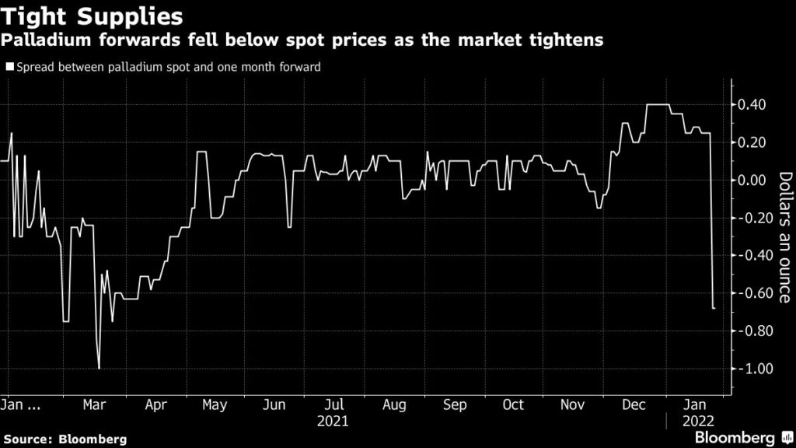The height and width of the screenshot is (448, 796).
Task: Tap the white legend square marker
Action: (x=9, y=67)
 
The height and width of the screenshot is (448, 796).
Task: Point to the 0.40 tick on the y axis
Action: (x=753, y=105)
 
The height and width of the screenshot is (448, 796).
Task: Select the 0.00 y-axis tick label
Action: (x=753, y=180)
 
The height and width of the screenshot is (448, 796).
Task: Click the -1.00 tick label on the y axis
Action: (x=752, y=369)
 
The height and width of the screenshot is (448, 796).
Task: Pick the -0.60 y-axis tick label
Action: (x=752, y=293)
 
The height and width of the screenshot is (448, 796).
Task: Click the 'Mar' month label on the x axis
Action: (x=95, y=405)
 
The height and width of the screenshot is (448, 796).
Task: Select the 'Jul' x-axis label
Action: (x=334, y=405)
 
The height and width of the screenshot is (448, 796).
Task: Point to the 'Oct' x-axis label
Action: (x=513, y=405)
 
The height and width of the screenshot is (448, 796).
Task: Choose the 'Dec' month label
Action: (x=633, y=405)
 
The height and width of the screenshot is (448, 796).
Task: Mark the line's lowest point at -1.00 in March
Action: (x=99, y=368)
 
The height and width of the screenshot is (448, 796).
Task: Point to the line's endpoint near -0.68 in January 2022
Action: (x=714, y=309)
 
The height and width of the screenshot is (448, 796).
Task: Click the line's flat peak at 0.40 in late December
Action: (x=658, y=104)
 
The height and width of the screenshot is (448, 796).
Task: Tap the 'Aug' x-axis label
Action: (x=394, y=405)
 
